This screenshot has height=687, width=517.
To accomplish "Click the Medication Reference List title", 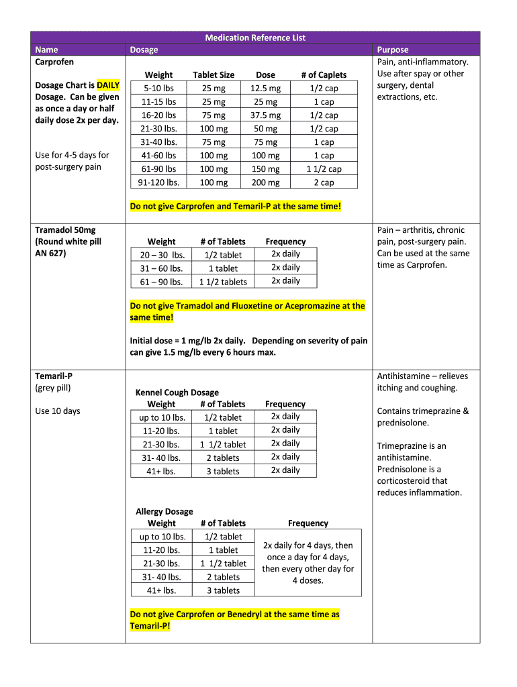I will pos(255,38).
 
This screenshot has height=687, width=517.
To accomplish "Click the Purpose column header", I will pos(393,50).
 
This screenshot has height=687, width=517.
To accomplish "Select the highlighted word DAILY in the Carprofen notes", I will pos(108,85).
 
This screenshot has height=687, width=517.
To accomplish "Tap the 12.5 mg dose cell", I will pos(265,89).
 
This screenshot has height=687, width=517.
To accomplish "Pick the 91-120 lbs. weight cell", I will pos(159,182).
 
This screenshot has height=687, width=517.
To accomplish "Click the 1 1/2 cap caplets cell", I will pos(324,169).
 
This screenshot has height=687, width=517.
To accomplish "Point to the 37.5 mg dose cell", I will pos(265,115).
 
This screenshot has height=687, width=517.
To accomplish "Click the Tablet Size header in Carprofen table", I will pos(214,75).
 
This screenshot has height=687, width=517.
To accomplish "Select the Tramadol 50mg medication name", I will pos(65,230).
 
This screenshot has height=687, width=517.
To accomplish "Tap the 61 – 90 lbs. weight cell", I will pos(161,282).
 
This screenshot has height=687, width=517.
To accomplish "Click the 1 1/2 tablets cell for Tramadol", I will pos(223,282).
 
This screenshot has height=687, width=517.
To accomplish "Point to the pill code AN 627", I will pos(50,254).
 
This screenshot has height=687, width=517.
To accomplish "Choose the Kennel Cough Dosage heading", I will pos(177,392).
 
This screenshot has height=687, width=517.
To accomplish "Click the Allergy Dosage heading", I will pos(164,511).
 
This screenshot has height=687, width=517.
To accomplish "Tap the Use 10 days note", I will pos(57,411).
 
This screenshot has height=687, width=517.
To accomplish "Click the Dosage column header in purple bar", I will pos(144,50).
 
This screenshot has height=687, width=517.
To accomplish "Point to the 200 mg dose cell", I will pos(265,182).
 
